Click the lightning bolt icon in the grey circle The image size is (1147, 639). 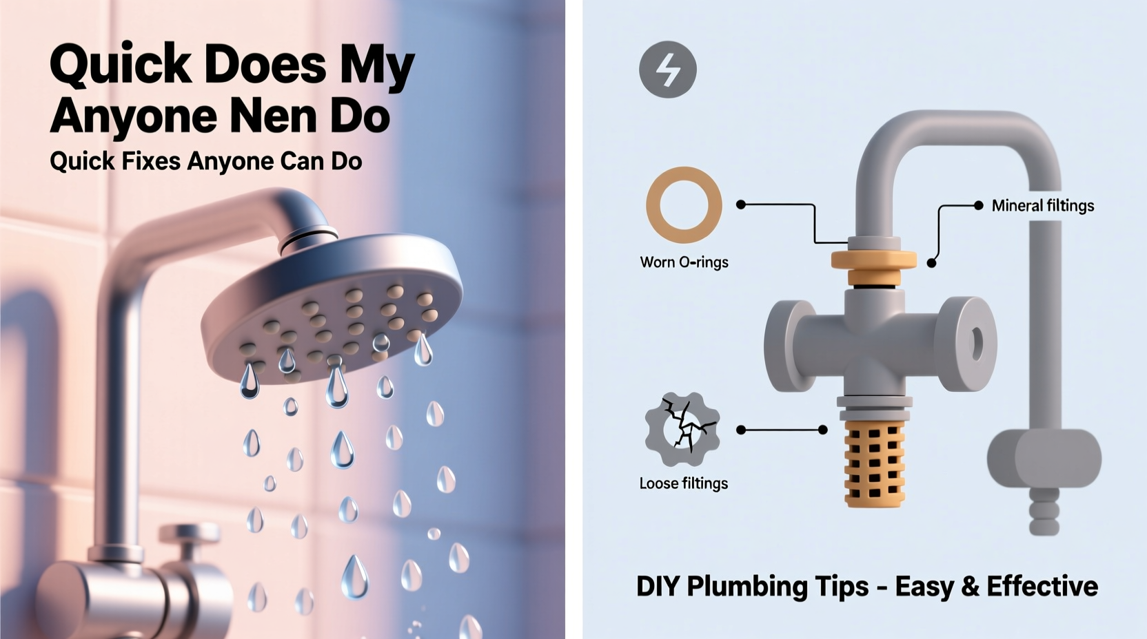point(667,70)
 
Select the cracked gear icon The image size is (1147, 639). point(682,430)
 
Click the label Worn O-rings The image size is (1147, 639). point(684,262)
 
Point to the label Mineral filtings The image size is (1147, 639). point(1042,206)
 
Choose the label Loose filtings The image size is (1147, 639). point(683,483)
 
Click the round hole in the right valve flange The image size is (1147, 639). point(976,342)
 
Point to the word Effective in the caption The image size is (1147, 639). point(1042,587)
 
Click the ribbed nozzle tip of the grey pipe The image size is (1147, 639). point(1044,514)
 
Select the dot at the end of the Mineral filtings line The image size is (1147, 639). point(977,205)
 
